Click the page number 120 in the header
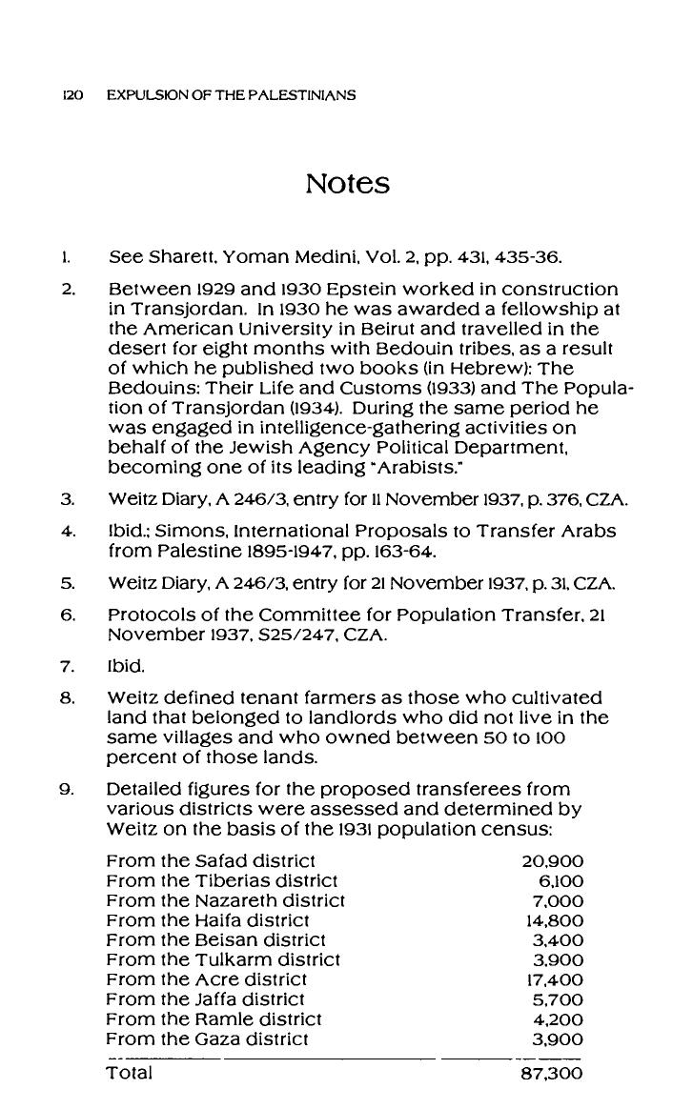72,95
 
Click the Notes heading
347,183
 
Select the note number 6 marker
67,615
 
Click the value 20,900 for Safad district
553,860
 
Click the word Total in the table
129,1074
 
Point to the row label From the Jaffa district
205,999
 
